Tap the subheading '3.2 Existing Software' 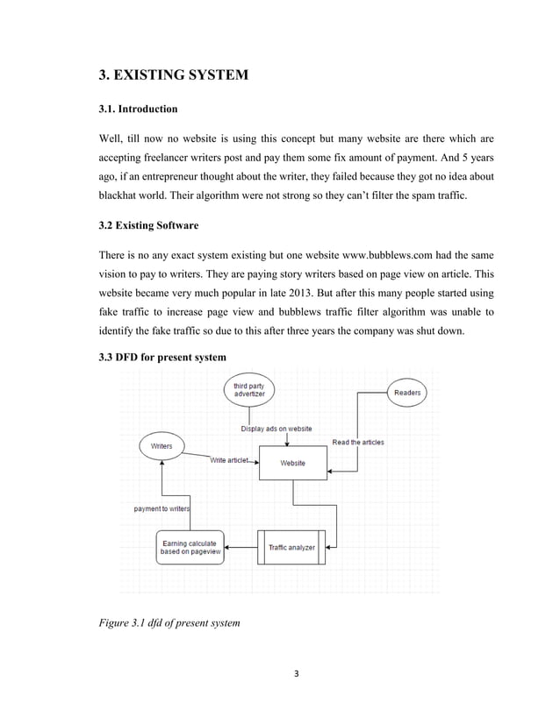pyautogui.click(x=147, y=225)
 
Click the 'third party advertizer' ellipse pyautogui.click(x=249, y=389)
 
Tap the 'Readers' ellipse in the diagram pyautogui.click(x=406, y=393)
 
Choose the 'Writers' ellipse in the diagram pyautogui.click(x=162, y=446)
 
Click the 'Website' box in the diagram pyautogui.click(x=292, y=463)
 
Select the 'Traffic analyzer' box pyautogui.click(x=291, y=547)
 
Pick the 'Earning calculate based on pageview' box pyautogui.click(x=190, y=548)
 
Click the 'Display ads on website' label pyautogui.click(x=276, y=429)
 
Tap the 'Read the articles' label pyautogui.click(x=357, y=442)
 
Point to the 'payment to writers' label pyautogui.click(x=162, y=509)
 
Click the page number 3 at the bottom pyautogui.click(x=296, y=674)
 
